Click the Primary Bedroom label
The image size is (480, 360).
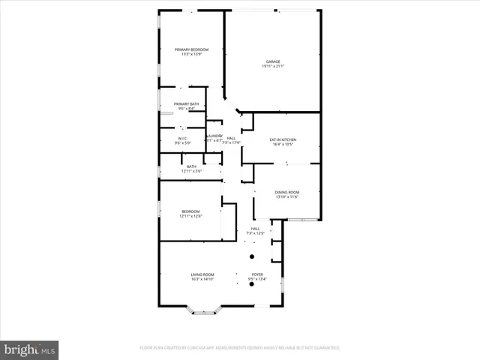[191, 49]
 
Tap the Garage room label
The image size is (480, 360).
[273, 61]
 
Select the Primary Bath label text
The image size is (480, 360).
[187, 104]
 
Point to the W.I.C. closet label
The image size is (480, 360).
[182, 138]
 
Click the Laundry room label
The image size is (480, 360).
[214, 136]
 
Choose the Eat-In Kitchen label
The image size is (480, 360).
[283, 139]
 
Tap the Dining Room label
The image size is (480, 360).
[286, 193]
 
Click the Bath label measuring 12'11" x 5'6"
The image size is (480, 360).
[191, 166]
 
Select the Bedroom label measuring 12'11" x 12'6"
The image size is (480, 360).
[190, 211]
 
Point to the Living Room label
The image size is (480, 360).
[202, 274]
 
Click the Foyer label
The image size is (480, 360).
[256, 274]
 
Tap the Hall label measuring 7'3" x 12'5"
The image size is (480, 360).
[255, 229]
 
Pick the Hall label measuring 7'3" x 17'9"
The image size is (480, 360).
[231, 138]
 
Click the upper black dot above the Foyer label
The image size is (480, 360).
[252, 256]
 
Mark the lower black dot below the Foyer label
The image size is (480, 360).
[252, 284]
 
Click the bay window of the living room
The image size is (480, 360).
[203, 310]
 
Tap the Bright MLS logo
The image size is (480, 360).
[30, 349]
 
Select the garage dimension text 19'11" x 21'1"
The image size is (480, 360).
[273, 67]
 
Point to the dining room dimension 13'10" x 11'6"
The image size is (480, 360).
[286, 197]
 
